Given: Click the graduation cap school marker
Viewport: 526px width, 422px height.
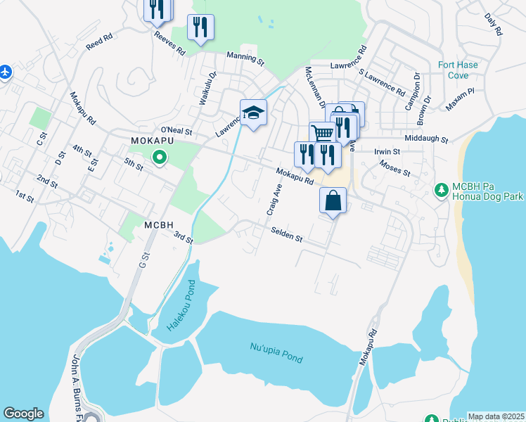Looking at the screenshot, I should tap(253, 113).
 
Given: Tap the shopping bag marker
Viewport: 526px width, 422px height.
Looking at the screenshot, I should tap(333, 200).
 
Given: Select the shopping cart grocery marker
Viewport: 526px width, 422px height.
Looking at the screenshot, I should tap(322, 133).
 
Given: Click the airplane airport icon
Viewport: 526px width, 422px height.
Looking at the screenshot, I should tap(5, 72).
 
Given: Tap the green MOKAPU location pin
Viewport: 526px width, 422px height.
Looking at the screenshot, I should tap(160, 158).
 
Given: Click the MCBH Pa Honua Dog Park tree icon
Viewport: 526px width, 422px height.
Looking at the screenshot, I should tap(442, 190).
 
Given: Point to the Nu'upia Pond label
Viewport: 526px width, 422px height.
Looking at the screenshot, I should tap(276, 352).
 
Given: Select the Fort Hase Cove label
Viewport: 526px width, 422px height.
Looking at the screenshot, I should tap(458, 70).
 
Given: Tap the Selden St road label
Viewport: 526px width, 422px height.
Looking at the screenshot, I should tap(286, 235).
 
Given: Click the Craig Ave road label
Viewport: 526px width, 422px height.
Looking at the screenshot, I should tap(274, 200).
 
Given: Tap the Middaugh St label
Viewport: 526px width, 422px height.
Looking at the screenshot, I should tap(425, 139).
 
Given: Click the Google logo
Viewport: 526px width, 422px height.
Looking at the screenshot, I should tap(23, 414).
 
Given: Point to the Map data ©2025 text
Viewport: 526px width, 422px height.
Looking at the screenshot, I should tap(496, 416).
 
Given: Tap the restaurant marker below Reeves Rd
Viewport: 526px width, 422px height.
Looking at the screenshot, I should tap(200, 27).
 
